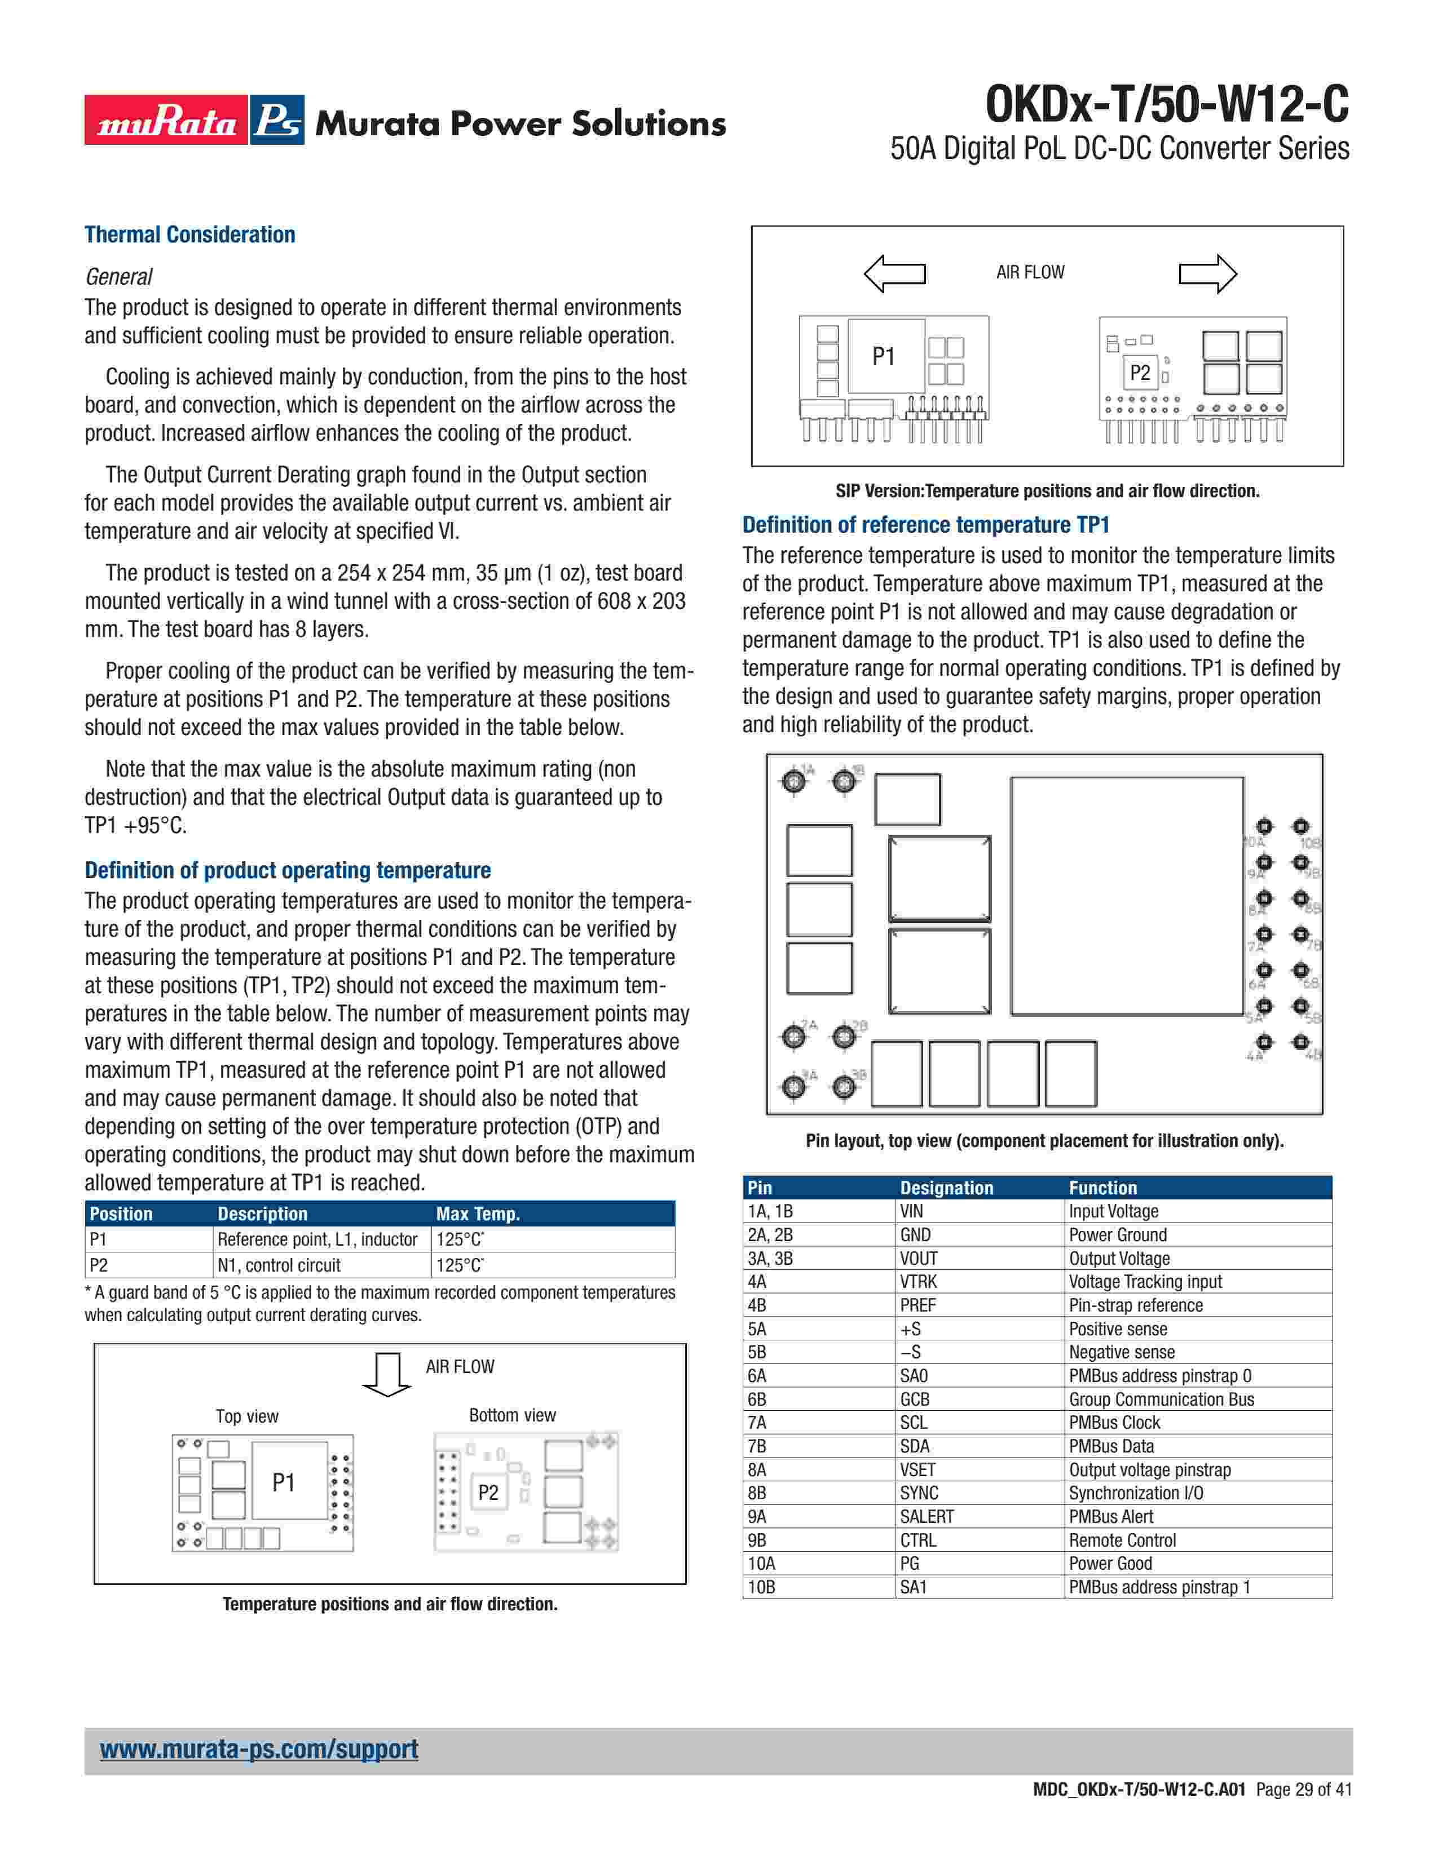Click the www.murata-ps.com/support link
[x=259, y=1750]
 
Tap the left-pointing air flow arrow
[x=894, y=273]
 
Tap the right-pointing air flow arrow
[x=1207, y=273]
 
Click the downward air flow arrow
[x=387, y=1374]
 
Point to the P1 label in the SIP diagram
[x=884, y=357]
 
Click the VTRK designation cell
[x=918, y=1282]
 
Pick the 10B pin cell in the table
[x=762, y=1587]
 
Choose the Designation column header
[x=946, y=1188]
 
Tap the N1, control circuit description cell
[x=279, y=1265]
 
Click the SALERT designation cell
[x=927, y=1517]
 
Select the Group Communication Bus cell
[x=1161, y=1400]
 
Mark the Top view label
[x=247, y=1416]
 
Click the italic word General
[x=118, y=277]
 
